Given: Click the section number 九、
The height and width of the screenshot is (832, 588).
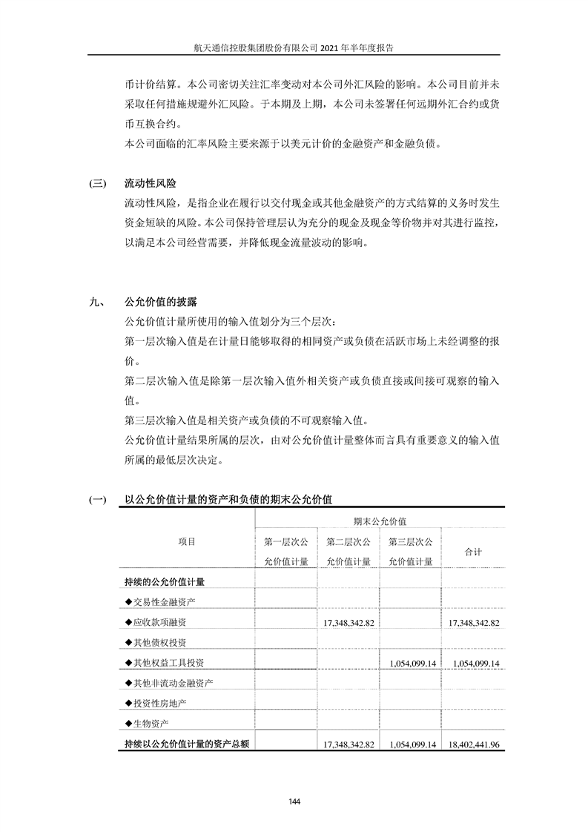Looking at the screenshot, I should click(96, 303).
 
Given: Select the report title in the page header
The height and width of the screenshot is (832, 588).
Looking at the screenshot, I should click(294, 46).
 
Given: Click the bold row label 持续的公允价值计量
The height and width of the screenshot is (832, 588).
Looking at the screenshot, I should click(164, 581).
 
